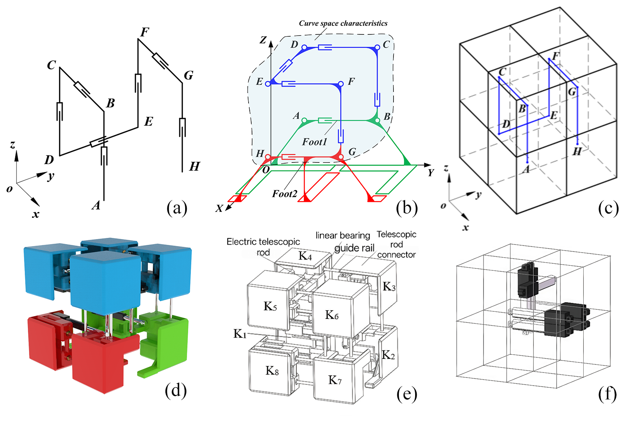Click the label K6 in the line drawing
(x=332, y=315)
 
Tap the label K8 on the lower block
(x=272, y=371)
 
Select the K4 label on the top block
(x=305, y=256)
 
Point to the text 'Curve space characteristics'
(x=343, y=23)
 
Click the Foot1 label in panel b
(x=314, y=142)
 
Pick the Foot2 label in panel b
(x=284, y=193)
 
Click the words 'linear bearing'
(x=342, y=235)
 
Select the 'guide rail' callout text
(x=354, y=248)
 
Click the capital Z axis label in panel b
(x=263, y=40)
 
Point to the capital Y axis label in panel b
(x=431, y=173)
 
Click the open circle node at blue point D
(x=304, y=48)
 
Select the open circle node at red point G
(x=341, y=157)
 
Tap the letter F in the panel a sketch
(x=145, y=32)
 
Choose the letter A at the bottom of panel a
(x=96, y=205)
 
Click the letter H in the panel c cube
(x=577, y=151)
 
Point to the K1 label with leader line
(x=240, y=333)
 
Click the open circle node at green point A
(x=304, y=121)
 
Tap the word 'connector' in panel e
(x=396, y=255)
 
